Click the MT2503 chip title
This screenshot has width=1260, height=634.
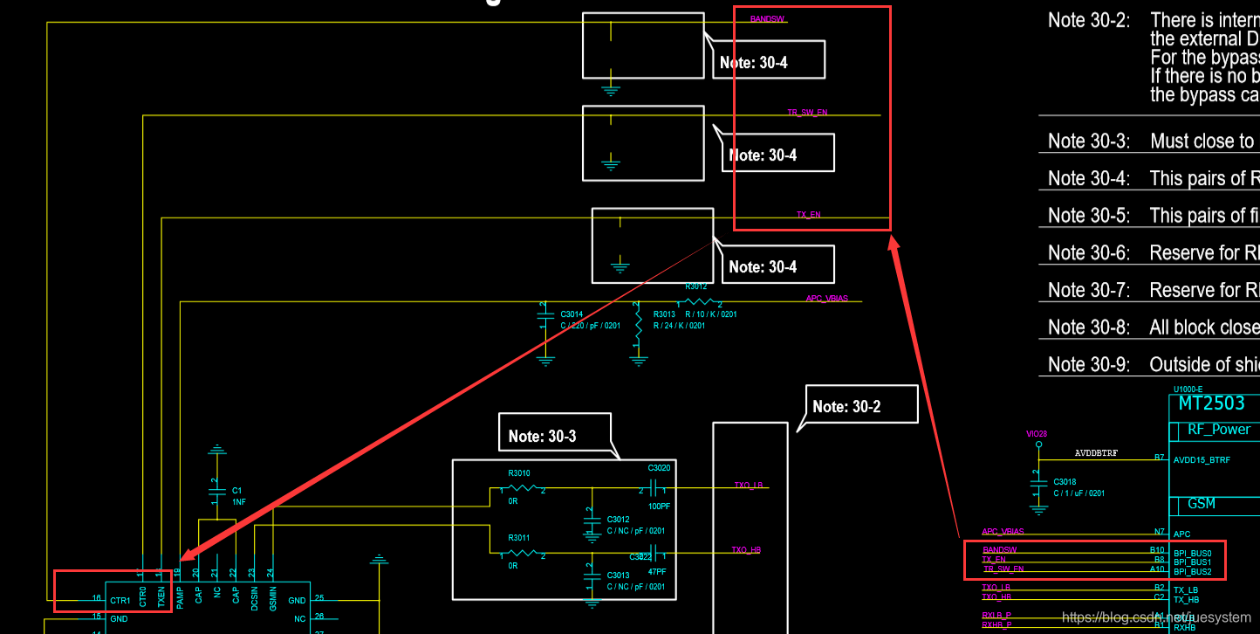[1211, 403]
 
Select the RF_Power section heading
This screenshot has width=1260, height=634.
[1219, 429]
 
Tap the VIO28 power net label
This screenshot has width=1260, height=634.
[1037, 433]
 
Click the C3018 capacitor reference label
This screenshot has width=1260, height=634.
[1065, 482]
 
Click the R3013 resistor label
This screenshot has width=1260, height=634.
[664, 314]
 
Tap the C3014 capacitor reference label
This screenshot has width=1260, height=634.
[572, 314]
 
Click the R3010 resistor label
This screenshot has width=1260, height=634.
[519, 473]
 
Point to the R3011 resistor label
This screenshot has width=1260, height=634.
[519, 538]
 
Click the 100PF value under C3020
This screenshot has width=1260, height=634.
[659, 507]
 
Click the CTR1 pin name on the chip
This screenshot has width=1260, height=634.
[120, 601]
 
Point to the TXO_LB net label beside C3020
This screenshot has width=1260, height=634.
[748, 485]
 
